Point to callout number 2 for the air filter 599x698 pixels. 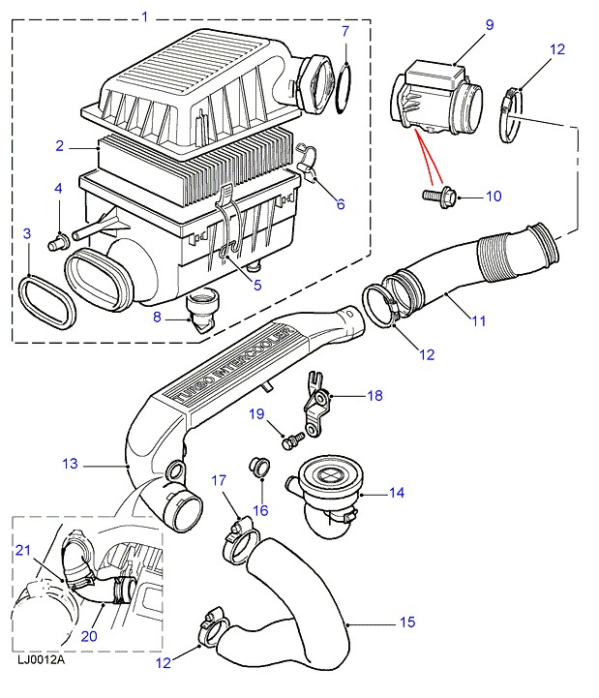pyautogui.click(x=58, y=146)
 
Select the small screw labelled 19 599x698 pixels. pyautogui.click(x=287, y=441)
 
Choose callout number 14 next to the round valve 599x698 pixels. pyautogui.click(x=395, y=493)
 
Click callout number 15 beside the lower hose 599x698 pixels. pyautogui.click(x=407, y=622)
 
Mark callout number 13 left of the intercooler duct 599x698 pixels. pyautogui.click(x=70, y=465)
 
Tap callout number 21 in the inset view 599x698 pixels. pyautogui.click(x=23, y=551)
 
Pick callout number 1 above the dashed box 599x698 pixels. pyautogui.click(x=145, y=16)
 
